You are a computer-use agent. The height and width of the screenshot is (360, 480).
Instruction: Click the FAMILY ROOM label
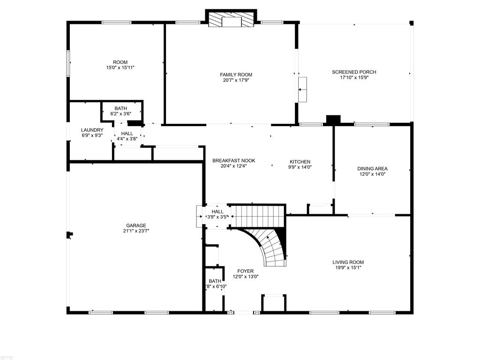point(236,75)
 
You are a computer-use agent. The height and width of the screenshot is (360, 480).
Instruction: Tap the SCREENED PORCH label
point(354,72)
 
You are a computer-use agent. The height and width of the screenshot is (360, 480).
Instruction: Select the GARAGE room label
point(136,225)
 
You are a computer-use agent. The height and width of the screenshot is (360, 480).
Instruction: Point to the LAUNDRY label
point(92,130)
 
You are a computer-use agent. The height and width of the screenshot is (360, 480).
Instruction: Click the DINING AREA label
point(372,169)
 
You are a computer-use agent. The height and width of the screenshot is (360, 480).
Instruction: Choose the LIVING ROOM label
point(348,262)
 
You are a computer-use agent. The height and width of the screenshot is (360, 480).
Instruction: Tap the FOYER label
point(246,271)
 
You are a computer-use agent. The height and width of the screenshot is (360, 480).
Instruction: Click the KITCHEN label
point(300,162)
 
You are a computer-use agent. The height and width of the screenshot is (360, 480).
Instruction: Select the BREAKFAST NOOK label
point(234,161)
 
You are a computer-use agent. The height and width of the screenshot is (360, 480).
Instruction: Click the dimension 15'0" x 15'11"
point(120,67)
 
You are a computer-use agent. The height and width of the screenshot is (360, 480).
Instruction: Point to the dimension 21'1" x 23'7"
point(136,231)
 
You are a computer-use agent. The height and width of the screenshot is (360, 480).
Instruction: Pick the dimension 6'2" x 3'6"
point(121,114)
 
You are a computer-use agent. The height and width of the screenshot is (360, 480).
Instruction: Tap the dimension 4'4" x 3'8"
point(127,139)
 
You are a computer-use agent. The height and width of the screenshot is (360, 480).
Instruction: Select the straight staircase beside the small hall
point(257,216)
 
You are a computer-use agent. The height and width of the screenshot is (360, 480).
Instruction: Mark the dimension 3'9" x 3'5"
point(217,217)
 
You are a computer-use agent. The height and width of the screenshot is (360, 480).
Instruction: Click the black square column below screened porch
point(333,120)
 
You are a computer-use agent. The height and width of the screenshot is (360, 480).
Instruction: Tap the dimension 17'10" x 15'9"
point(354,78)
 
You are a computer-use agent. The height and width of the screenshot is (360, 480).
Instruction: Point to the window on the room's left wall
point(68,64)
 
